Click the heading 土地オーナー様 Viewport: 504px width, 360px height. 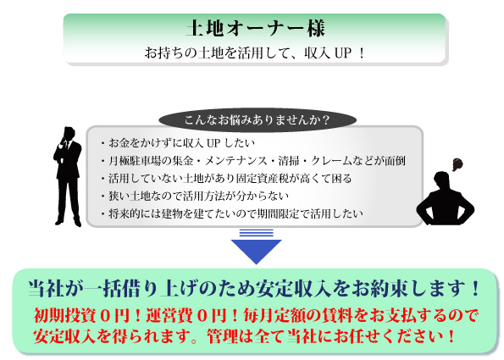pos(256,28)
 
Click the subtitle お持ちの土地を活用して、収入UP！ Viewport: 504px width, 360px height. pos(255,53)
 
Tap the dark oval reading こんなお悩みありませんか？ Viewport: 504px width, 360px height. pos(258,120)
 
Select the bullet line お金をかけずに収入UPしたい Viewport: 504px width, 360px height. pos(179,143)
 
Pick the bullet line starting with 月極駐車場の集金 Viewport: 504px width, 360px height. pos(253,160)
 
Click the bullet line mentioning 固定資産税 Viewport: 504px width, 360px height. pos(227,178)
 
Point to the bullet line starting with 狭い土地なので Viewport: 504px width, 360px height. pos(195,196)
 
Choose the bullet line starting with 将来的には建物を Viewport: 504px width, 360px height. pos(232,213)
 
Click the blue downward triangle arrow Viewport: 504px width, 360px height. pos(256,251)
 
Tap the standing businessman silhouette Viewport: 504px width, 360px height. pos(68,176)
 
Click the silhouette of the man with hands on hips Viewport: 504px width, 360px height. pos(446,199)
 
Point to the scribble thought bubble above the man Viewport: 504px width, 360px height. pos(457,164)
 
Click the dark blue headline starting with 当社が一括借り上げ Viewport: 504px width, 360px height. pos(254,288)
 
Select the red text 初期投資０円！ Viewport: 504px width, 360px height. pos(86,316)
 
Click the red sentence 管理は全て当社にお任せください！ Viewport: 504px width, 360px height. pos(331,336)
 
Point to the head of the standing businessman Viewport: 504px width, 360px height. pos(69,132)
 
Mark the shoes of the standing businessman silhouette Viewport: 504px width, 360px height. pos(68,223)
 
